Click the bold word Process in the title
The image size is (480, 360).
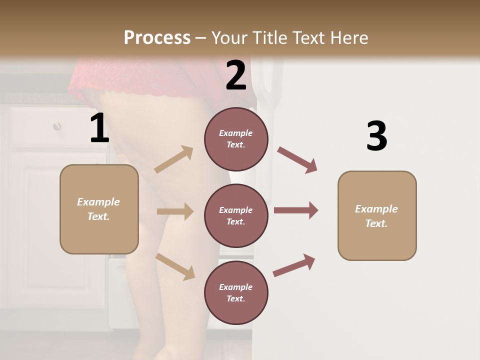coord(157,37)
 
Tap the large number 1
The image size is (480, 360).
coord(99,128)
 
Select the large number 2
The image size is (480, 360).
coord(236,75)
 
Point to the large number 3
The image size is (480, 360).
coord(376,136)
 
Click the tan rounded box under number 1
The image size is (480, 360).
coord(99,209)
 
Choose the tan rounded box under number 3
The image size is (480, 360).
coord(377,216)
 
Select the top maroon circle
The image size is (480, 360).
coord(236,139)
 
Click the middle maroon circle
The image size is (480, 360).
coord(236,216)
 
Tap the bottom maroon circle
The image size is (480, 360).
coord(236,293)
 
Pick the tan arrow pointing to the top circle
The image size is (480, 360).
coord(173,159)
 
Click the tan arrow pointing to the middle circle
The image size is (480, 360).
coord(174,211)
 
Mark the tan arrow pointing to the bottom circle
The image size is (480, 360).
coord(175,266)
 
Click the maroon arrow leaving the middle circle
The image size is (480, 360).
coord(296,210)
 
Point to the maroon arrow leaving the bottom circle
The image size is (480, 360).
coord(294,265)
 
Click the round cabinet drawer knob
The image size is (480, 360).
coord(57,126)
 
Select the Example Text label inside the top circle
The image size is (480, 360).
coord(236,139)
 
